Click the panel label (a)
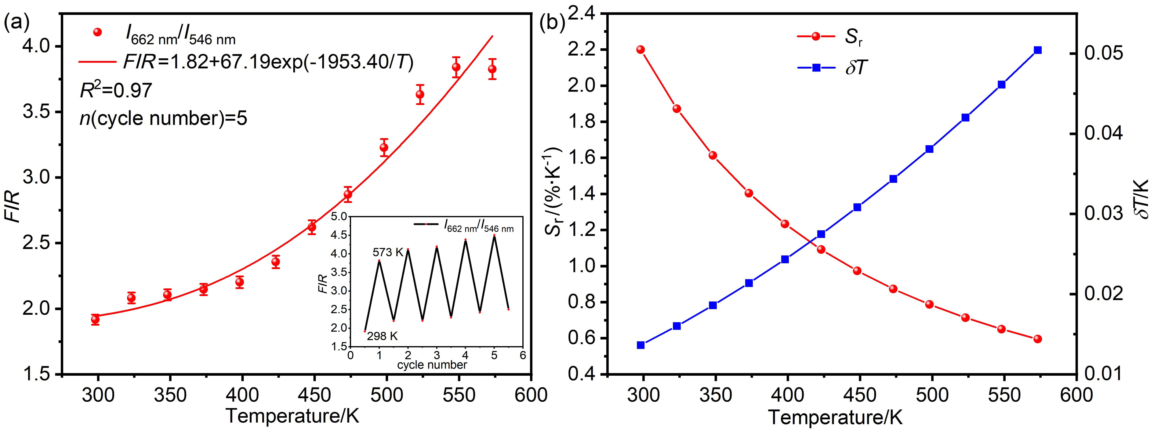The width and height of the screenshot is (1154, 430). pos(17,22)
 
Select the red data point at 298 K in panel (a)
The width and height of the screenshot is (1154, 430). pos(95,319)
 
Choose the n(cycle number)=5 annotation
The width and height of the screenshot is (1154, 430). pos(164,119)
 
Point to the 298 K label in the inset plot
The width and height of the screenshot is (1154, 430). pos(382,336)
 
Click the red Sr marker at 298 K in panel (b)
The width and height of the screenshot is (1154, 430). pos(641,50)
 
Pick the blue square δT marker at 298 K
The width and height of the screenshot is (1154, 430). pos(641,345)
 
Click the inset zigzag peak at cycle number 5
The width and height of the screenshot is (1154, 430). pos(494,236)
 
